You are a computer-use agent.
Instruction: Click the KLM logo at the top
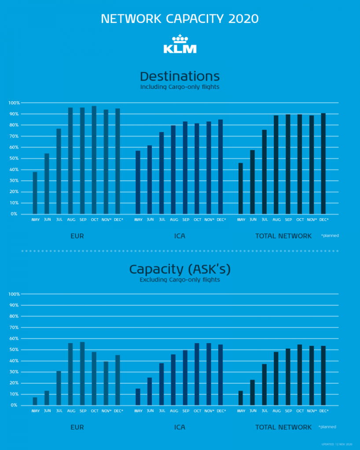pyautogui.click(x=180, y=44)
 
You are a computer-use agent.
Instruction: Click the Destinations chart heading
pyautogui.click(x=180, y=76)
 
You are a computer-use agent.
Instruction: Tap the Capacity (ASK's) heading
pyautogui.click(x=180, y=269)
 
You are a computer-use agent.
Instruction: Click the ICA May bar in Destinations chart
pyautogui.click(x=138, y=183)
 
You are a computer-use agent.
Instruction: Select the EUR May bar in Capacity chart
pyautogui.click(x=35, y=401)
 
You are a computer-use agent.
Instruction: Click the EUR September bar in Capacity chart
pyautogui.click(x=82, y=373)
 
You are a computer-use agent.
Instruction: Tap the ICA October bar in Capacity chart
pyautogui.click(x=197, y=374)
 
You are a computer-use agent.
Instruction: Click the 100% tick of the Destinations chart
pyautogui.click(x=13, y=103)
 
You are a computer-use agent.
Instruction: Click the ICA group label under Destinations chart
pyautogui.click(x=180, y=236)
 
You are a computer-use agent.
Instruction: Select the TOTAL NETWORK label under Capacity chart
pyautogui.click(x=283, y=427)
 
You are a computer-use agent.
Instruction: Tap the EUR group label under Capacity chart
pyautogui.click(x=77, y=427)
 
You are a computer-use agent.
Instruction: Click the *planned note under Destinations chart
pyautogui.click(x=330, y=236)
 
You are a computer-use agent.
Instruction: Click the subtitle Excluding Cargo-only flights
pyautogui.click(x=180, y=279)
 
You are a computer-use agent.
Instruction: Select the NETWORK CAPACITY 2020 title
pyautogui.click(x=180, y=19)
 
